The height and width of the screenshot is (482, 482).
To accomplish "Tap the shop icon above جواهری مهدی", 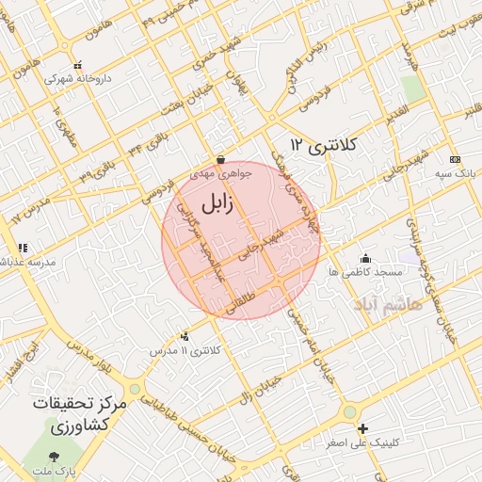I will coord(220,160).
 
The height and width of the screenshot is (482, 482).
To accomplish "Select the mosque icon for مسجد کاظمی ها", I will coord(365,257).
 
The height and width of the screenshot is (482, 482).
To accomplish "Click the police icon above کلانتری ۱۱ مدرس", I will coord(184,335).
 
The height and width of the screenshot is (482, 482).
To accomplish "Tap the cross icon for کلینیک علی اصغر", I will coord(362,428).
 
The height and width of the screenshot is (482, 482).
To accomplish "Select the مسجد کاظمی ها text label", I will coord(374,271).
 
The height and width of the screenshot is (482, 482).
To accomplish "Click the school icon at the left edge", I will coord(21,248).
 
